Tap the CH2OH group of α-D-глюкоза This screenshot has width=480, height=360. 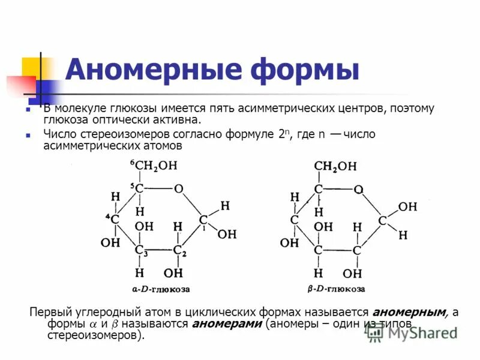click(x=157, y=166)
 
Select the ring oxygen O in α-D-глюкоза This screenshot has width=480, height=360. click(x=178, y=188)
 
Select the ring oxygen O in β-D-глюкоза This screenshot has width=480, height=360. click(x=358, y=189)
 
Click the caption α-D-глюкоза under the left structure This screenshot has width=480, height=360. click(x=161, y=289)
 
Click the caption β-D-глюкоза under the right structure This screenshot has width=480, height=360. click(x=336, y=289)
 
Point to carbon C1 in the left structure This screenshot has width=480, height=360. click(x=203, y=220)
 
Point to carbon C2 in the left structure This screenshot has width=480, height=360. click(x=178, y=250)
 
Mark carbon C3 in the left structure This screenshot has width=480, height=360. click(x=139, y=250)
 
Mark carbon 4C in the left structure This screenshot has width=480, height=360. click(x=114, y=219)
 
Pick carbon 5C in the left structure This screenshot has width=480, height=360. click(x=139, y=188)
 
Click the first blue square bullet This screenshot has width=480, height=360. click(x=28, y=110)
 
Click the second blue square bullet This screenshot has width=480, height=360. click(x=28, y=136)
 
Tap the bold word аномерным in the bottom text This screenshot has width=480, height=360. click(x=410, y=313)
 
